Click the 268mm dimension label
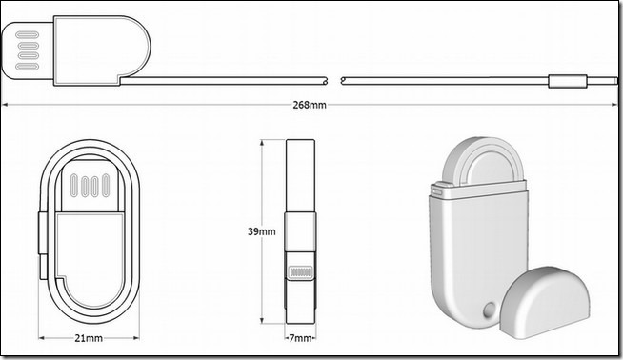[x=310, y=105]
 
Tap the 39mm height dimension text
[x=261, y=231]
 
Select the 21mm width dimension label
[x=89, y=338]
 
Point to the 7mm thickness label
[x=300, y=338]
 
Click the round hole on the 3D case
[x=490, y=310]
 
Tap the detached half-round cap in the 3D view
[x=544, y=303]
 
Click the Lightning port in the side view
[x=300, y=272]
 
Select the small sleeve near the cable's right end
[x=568, y=81]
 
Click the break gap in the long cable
[x=334, y=81]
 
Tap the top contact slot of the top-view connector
[x=27, y=34]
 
